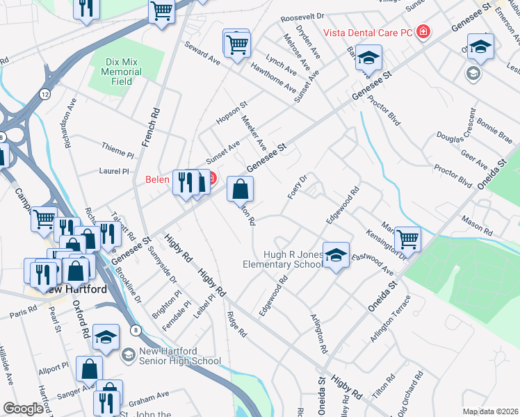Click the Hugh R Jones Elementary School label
pyautogui.click(x=284, y=259)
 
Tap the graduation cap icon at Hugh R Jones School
pyautogui.click(x=336, y=256)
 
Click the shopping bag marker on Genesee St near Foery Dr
pyautogui.click(x=240, y=189)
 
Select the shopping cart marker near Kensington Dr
pyautogui.click(x=407, y=238)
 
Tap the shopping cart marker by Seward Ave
pyautogui.click(x=236, y=44)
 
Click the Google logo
pyautogui.click(x=23, y=409)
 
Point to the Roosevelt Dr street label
pyautogui.click(x=302, y=15)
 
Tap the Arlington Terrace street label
pyautogui.click(x=391, y=318)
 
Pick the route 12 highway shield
pyautogui.click(x=45, y=94)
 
